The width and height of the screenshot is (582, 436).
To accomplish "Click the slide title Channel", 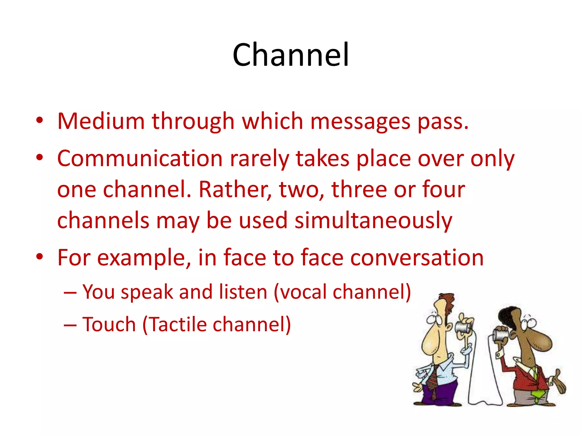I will [290, 54].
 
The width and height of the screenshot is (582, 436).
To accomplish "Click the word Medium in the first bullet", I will [101, 121].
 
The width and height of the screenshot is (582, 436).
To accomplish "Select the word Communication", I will [140, 158].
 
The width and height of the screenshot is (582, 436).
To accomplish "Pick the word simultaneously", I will [373, 221].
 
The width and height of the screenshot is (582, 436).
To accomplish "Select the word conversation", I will [417, 258].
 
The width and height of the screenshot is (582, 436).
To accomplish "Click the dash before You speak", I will [70, 292].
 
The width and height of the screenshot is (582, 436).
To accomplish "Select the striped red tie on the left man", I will [433, 382].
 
